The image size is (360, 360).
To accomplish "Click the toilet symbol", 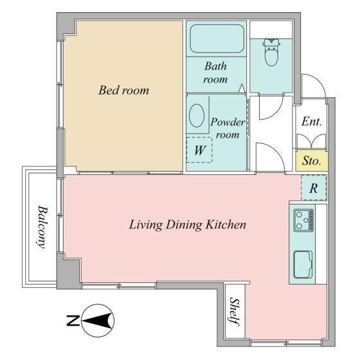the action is click(271, 52).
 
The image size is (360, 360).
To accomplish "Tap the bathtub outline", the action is click(217, 39).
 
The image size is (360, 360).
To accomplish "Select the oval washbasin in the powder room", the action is click(197, 115).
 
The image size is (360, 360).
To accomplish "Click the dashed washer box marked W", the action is click(199, 150).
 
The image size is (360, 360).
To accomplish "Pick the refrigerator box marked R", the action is click(314, 188).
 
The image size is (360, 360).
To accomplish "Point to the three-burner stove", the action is click(303, 220).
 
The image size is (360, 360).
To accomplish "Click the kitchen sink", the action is click(303, 264).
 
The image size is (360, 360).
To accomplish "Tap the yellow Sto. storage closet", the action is click(312, 161).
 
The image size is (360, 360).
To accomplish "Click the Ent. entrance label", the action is click(312, 122).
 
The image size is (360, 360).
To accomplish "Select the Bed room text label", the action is click(123, 90).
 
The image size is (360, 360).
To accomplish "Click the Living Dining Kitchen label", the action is click(187, 224).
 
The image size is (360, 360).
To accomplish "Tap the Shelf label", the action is click(235, 312).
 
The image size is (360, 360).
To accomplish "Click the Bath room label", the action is click(215, 73).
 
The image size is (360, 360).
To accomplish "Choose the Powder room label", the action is click(228, 128).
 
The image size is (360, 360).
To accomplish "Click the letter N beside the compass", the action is click(73, 321).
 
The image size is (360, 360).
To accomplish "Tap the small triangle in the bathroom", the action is click(242, 89).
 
